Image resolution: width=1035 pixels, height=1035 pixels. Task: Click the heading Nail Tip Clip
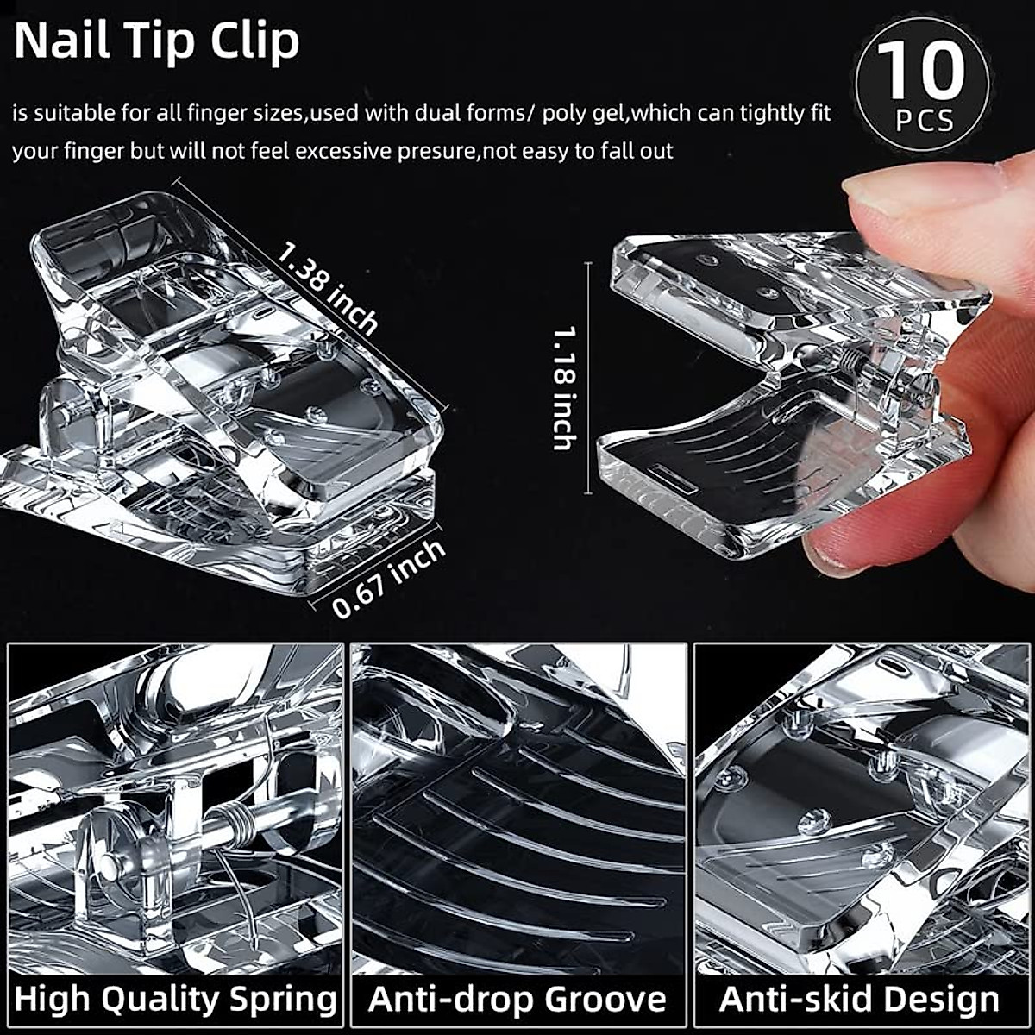156,41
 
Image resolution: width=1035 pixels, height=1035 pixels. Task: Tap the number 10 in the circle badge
921,72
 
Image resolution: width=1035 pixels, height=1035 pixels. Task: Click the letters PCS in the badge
924,120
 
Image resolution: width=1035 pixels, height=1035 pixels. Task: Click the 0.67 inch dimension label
389,579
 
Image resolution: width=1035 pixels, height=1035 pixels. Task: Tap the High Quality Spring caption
176,999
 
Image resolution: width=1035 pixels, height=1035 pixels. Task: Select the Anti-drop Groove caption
517,999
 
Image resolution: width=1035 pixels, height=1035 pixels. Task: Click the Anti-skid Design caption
859,999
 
